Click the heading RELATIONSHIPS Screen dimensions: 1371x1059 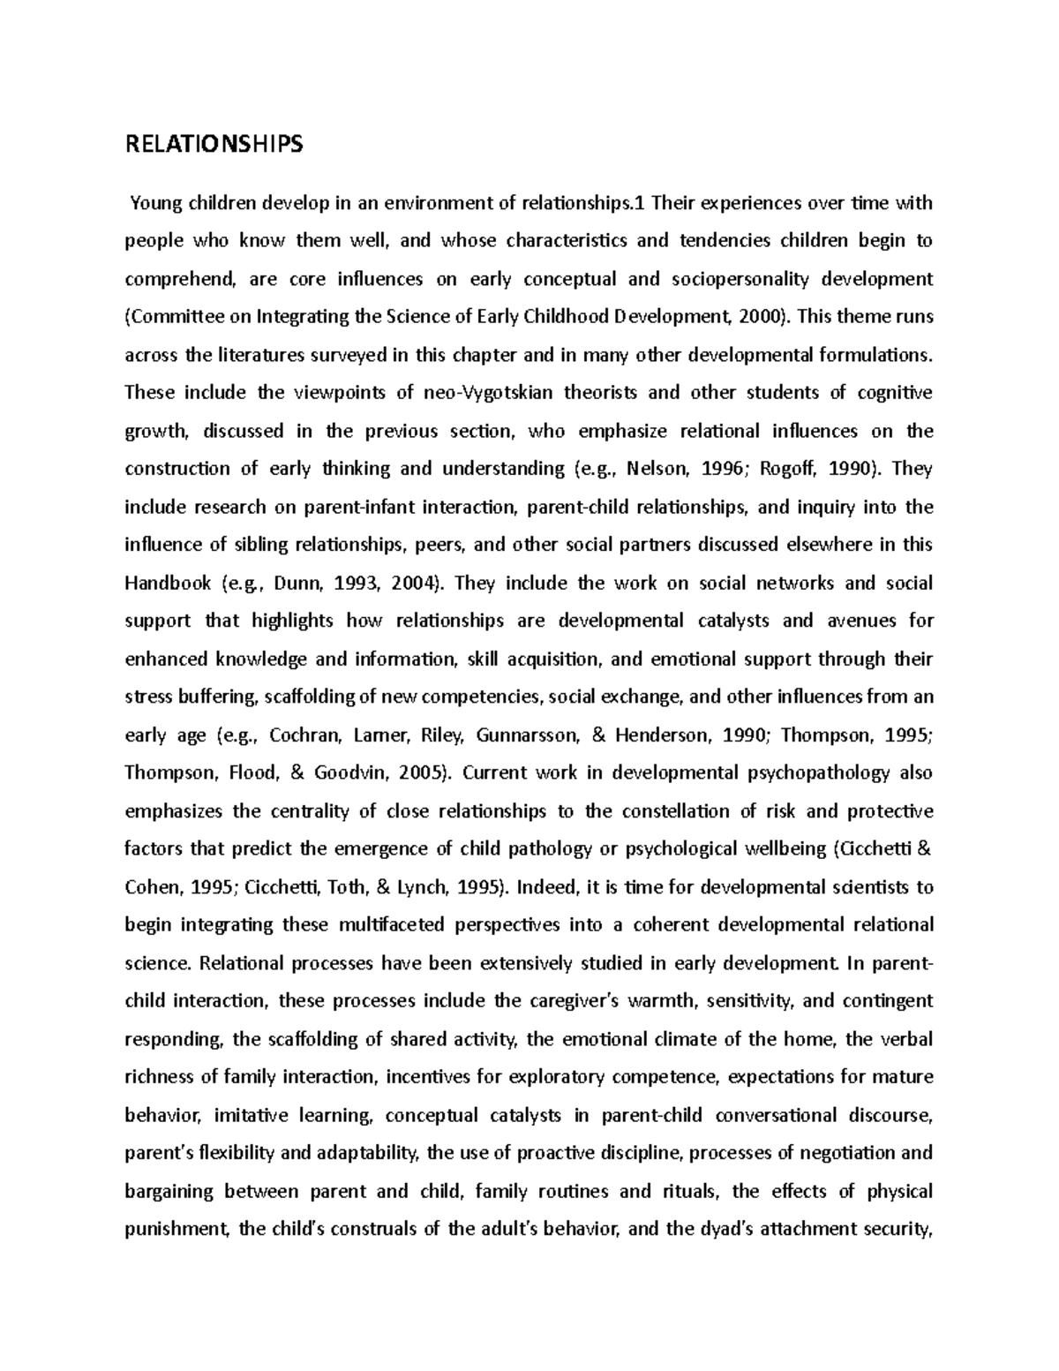214,144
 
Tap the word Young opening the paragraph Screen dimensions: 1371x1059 155,204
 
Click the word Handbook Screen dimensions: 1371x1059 169,584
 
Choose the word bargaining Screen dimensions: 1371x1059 169,1192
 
